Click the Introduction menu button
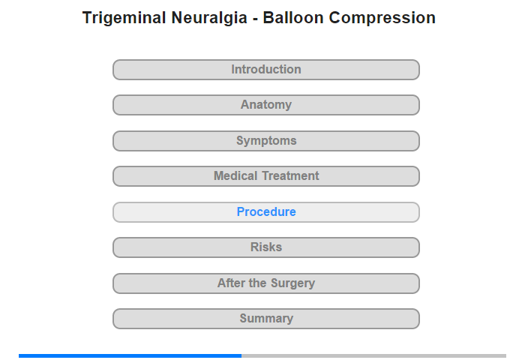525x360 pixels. pos(266,70)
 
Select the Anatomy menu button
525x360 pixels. pos(266,105)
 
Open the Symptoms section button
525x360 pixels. pos(266,141)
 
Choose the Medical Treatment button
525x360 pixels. pos(266,176)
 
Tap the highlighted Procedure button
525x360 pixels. pos(266,212)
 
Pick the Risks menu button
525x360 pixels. pos(266,247)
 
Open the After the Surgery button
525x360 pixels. pos(266,283)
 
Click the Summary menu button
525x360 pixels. pos(266,319)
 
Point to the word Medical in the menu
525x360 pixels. pos(235,176)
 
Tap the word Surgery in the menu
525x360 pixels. pos(293,283)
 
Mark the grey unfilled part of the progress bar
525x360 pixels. pos(373,355)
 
